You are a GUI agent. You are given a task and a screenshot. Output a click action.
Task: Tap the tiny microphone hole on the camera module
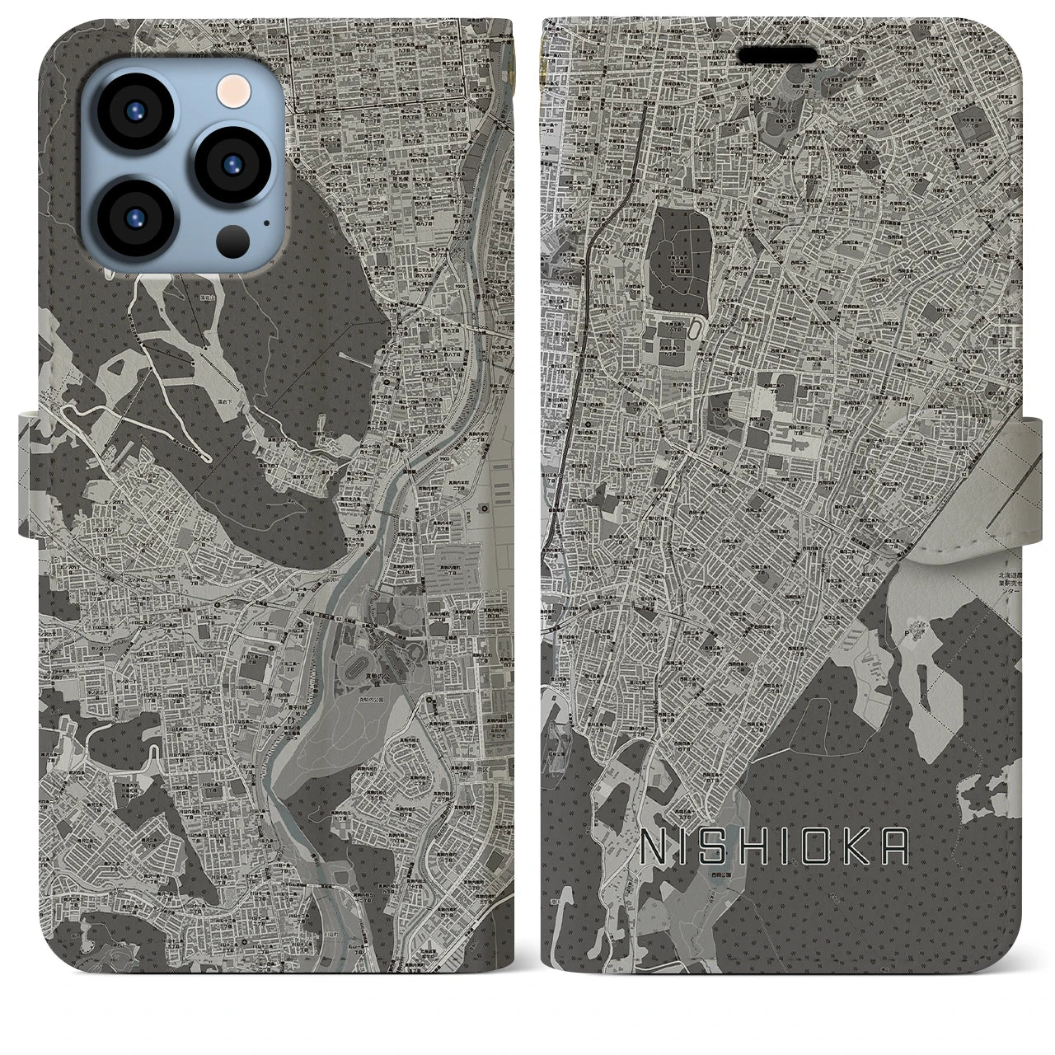tap(265, 220)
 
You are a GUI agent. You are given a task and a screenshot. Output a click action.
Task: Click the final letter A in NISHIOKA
tap(895, 846)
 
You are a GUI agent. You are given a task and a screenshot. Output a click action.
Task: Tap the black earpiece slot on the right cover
tap(777, 57)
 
